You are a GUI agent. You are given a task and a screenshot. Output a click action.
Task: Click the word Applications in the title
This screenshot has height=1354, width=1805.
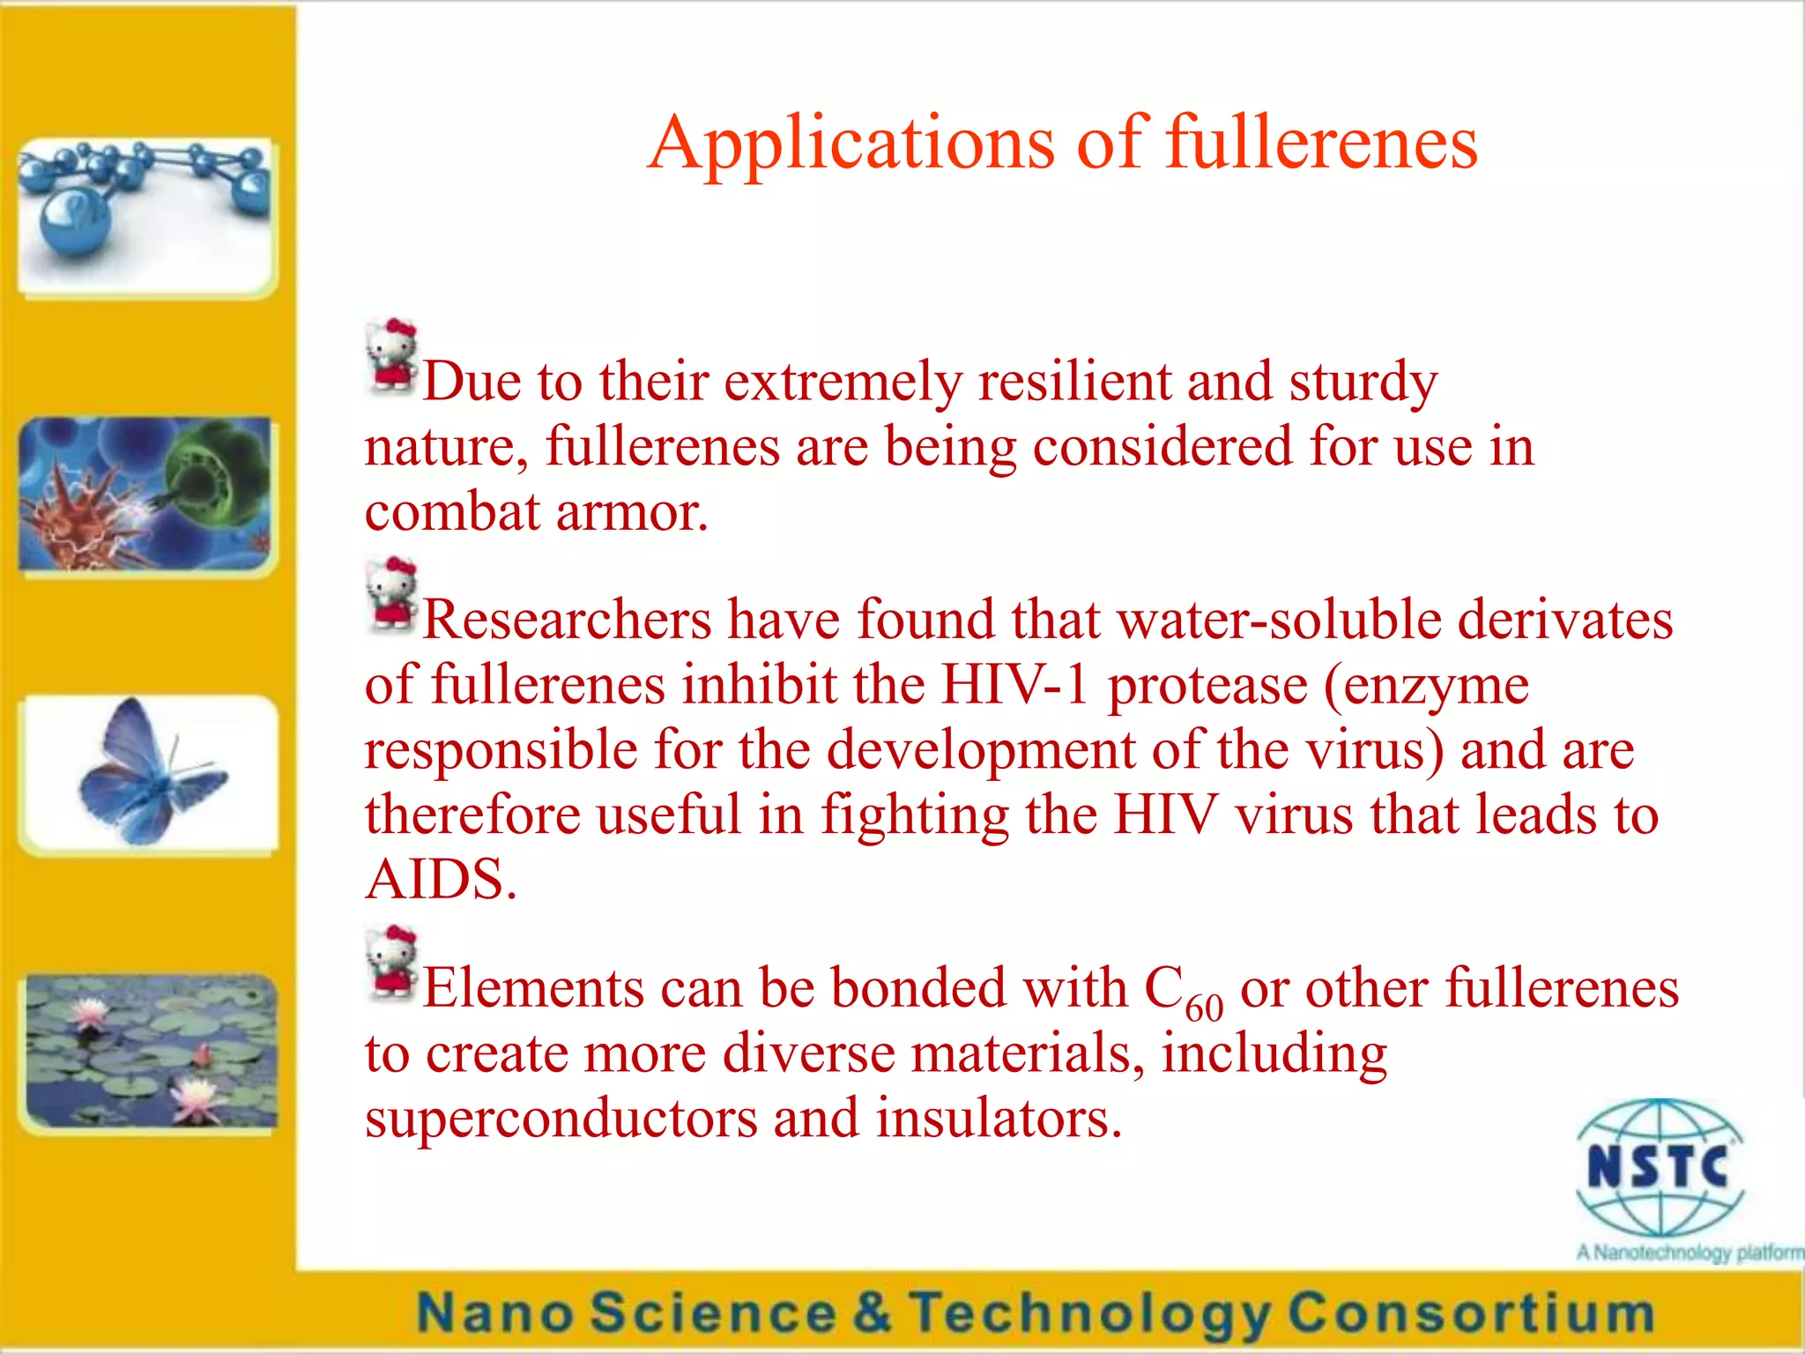(x=851, y=144)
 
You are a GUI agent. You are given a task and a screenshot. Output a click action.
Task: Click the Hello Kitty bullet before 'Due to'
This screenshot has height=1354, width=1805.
(x=390, y=357)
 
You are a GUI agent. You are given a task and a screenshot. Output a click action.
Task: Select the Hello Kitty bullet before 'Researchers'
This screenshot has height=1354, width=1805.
(x=390, y=595)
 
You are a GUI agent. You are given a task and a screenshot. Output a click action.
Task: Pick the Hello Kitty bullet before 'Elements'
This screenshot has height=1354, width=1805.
(x=390, y=963)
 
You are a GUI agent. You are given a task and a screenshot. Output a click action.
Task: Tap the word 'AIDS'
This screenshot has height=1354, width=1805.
(x=439, y=879)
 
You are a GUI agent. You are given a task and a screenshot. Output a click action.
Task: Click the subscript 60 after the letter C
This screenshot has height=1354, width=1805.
(x=1204, y=1007)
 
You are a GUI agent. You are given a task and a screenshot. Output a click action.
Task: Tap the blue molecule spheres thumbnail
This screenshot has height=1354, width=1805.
(x=146, y=216)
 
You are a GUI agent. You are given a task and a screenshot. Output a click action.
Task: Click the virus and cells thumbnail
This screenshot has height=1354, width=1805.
(x=146, y=495)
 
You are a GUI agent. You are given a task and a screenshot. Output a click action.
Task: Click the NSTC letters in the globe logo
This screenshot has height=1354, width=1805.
(x=1658, y=1166)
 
